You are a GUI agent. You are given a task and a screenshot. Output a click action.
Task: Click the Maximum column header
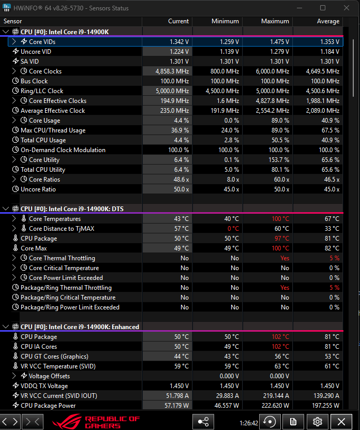point(275,21)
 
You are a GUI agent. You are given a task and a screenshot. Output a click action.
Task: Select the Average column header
point(328,21)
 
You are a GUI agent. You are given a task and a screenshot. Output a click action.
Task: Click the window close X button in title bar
point(347,8)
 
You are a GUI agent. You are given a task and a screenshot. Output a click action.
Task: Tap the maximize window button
point(323,8)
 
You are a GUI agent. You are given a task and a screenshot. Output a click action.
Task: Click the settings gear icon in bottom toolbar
point(318,421)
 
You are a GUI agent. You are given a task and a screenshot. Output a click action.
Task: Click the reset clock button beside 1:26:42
point(269,421)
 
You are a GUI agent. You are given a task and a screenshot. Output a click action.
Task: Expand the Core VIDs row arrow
point(14,41)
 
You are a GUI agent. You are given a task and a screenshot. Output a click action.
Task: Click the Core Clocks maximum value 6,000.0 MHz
point(273,71)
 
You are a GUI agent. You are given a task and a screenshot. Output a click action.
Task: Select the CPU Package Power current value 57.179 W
point(177,405)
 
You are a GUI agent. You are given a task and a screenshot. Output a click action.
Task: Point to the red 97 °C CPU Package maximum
point(282,239)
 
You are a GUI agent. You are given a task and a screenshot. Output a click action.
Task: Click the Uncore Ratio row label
point(38,189)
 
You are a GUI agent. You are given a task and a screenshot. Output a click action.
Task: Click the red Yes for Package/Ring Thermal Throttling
point(285,288)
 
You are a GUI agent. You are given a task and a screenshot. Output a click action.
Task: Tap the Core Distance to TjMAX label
point(62,228)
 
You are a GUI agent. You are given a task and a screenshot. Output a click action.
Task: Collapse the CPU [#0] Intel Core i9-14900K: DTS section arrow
point(6,209)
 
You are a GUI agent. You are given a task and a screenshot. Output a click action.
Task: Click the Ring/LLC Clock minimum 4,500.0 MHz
point(222,91)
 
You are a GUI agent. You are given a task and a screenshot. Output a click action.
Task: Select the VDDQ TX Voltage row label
point(44,386)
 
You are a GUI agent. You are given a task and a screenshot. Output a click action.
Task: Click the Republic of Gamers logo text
point(112,422)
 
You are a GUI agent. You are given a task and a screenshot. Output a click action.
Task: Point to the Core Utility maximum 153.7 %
point(279,160)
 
